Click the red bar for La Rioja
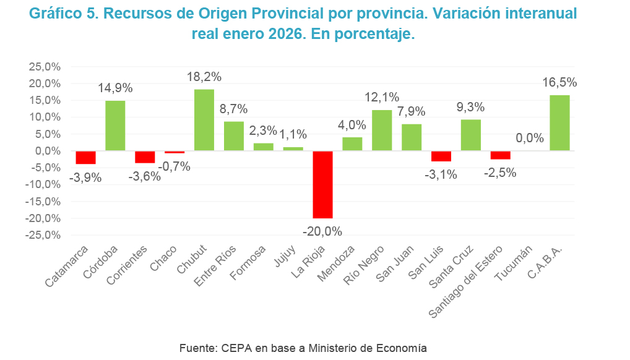[x=322, y=184]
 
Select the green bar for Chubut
[x=204, y=120]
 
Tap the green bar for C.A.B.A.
[x=559, y=122]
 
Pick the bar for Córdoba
[x=115, y=126]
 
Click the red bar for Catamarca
[x=85, y=157]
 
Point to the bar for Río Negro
[x=382, y=131]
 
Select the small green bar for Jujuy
[x=293, y=149]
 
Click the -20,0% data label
[x=322, y=231]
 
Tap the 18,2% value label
[x=204, y=77]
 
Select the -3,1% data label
[x=441, y=174]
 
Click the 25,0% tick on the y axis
[x=44, y=66]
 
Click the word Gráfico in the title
[x=53, y=13]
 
